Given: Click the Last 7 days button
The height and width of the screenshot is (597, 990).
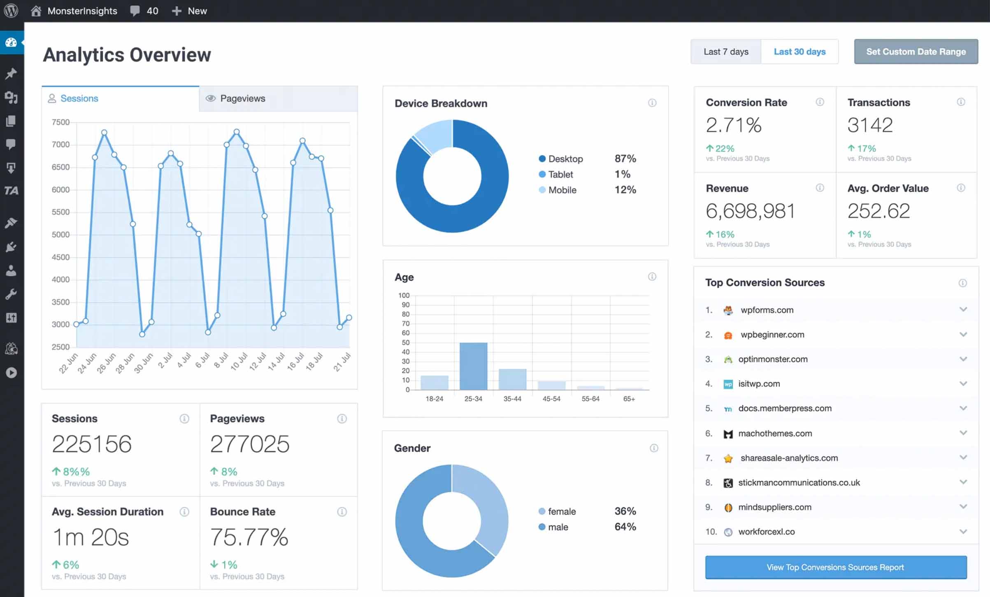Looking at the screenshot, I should coord(725,52).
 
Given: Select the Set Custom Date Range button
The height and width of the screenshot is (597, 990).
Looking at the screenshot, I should coord(916,52).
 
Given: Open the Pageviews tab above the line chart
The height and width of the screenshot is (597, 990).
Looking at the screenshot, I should coord(242,99).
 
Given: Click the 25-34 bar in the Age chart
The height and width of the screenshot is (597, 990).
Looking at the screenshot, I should coord(473,366).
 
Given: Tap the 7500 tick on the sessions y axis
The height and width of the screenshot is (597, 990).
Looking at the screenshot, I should coord(60,122).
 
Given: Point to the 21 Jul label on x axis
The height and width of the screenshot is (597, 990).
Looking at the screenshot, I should coord(342,362).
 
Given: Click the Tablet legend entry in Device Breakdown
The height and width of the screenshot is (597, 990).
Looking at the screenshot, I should coord(560,174).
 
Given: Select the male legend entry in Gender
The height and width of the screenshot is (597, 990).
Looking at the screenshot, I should coord(558,527).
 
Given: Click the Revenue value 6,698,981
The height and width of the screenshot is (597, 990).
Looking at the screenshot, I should coord(750,211).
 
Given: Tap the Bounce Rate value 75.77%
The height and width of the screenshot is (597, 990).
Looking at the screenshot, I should coord(249,537).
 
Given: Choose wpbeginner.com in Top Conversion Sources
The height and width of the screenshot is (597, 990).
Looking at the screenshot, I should coord(772,335).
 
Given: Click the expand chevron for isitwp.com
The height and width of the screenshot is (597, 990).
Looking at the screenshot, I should coord(963,383).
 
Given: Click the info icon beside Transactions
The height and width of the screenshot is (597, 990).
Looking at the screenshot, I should coord(961,102).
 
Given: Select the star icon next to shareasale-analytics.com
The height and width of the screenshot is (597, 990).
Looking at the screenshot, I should coord(728,458).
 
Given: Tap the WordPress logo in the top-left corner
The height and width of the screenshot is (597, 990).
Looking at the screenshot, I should coord(11,11).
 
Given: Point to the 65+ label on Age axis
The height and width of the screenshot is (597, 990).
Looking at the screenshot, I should coord(629,399).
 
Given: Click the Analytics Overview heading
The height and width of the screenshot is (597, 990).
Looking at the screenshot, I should coord(127,55).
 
